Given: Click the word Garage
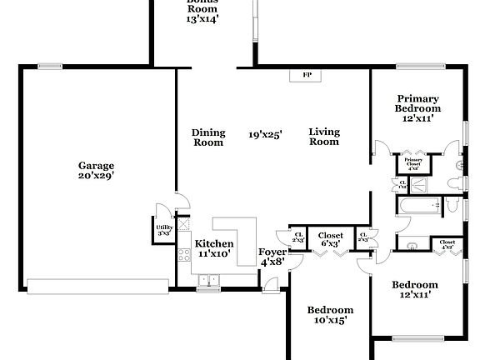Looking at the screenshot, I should pyautogui.click(x=97, y=165).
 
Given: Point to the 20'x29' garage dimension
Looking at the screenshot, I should pyautogui.click(x=97, y=176).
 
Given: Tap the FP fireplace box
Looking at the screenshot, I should pyautogui.click(x=306, y=75).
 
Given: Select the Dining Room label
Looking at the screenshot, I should pyautogui.click(x=207, y=137).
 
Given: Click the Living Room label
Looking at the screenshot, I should pyautogui.click(x=324, y=137).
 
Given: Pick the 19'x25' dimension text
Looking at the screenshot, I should pyautogui.click(x=265, y=133).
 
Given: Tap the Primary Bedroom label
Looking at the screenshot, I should pyautogui.click(x=417, y=103).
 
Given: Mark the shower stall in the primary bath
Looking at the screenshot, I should pyautogui.click(x=421, y=185).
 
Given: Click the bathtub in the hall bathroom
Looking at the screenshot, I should pyautogui.click(x=413, y=205).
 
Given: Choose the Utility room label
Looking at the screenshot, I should pyautogui.click(x=163, y=228).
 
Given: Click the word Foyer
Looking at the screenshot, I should pyautogui.click(x=272, y=251).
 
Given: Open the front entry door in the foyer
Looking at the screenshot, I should pyautogui.click(x=269, y=288).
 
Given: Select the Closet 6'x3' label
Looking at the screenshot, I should pyautogui.click(x=330, y=239).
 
